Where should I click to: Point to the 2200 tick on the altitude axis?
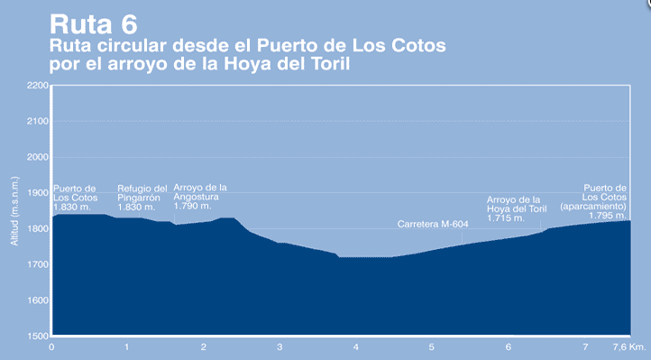click(x=37, y=86)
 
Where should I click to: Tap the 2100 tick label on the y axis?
click(x=37, y=121)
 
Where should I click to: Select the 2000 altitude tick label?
click(x=37, y=157)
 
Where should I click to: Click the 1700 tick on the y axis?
click(x=37, y=264)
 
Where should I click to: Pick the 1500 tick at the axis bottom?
click(x=37, y=336)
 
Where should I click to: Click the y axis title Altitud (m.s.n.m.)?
click(x=14, y=210)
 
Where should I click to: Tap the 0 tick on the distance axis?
click(x=51, y=347)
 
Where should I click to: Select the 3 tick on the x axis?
click(x=280, y=347)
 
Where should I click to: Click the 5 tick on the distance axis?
click(x=432, y=347)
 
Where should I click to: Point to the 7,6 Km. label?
click(x=628, y=347)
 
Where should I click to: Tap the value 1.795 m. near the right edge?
click(x=608, y=216)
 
